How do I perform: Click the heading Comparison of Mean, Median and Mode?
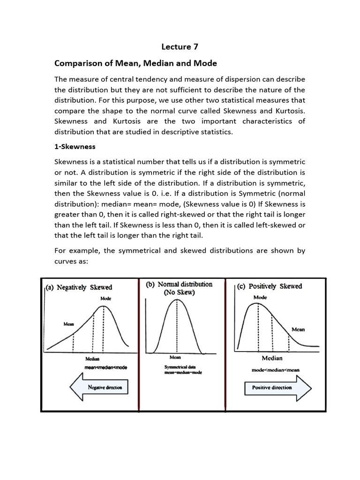(x=129, y=63)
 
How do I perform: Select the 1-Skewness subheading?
(x=75, y=146)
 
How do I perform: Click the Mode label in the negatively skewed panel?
(x=106, y=298)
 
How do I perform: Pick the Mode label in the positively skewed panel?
(x=260, y=297)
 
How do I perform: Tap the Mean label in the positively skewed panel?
(x=298, y=330)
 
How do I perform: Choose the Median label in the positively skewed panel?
(x=272, y=358)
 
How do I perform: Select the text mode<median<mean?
(x=276, y=370)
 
